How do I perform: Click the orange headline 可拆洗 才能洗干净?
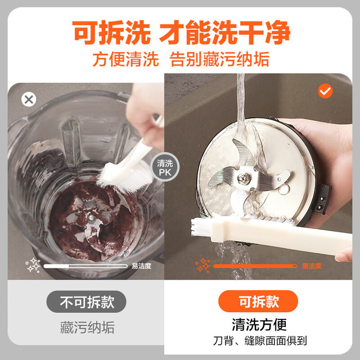[181, 33]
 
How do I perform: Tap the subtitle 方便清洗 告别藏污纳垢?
[181, 59]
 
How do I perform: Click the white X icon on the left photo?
[29, 100]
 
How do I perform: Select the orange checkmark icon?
[325, 91]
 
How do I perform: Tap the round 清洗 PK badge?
[165, 167]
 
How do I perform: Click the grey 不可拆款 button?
[86, 301]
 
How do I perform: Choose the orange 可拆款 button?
[258, 301]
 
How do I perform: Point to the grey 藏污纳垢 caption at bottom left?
[87, 327]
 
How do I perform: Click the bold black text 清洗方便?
[259, 325]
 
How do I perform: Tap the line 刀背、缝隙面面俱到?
[260, 341]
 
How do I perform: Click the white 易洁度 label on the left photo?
[141, 266]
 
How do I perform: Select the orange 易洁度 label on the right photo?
[312, 266]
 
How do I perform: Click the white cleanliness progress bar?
[85, 266]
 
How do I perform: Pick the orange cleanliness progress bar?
[255, 266]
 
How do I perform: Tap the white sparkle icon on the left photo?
[33, 265]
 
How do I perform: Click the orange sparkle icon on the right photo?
[202, 265]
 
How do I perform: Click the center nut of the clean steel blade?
[242, 178]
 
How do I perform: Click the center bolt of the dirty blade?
[91, 218]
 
